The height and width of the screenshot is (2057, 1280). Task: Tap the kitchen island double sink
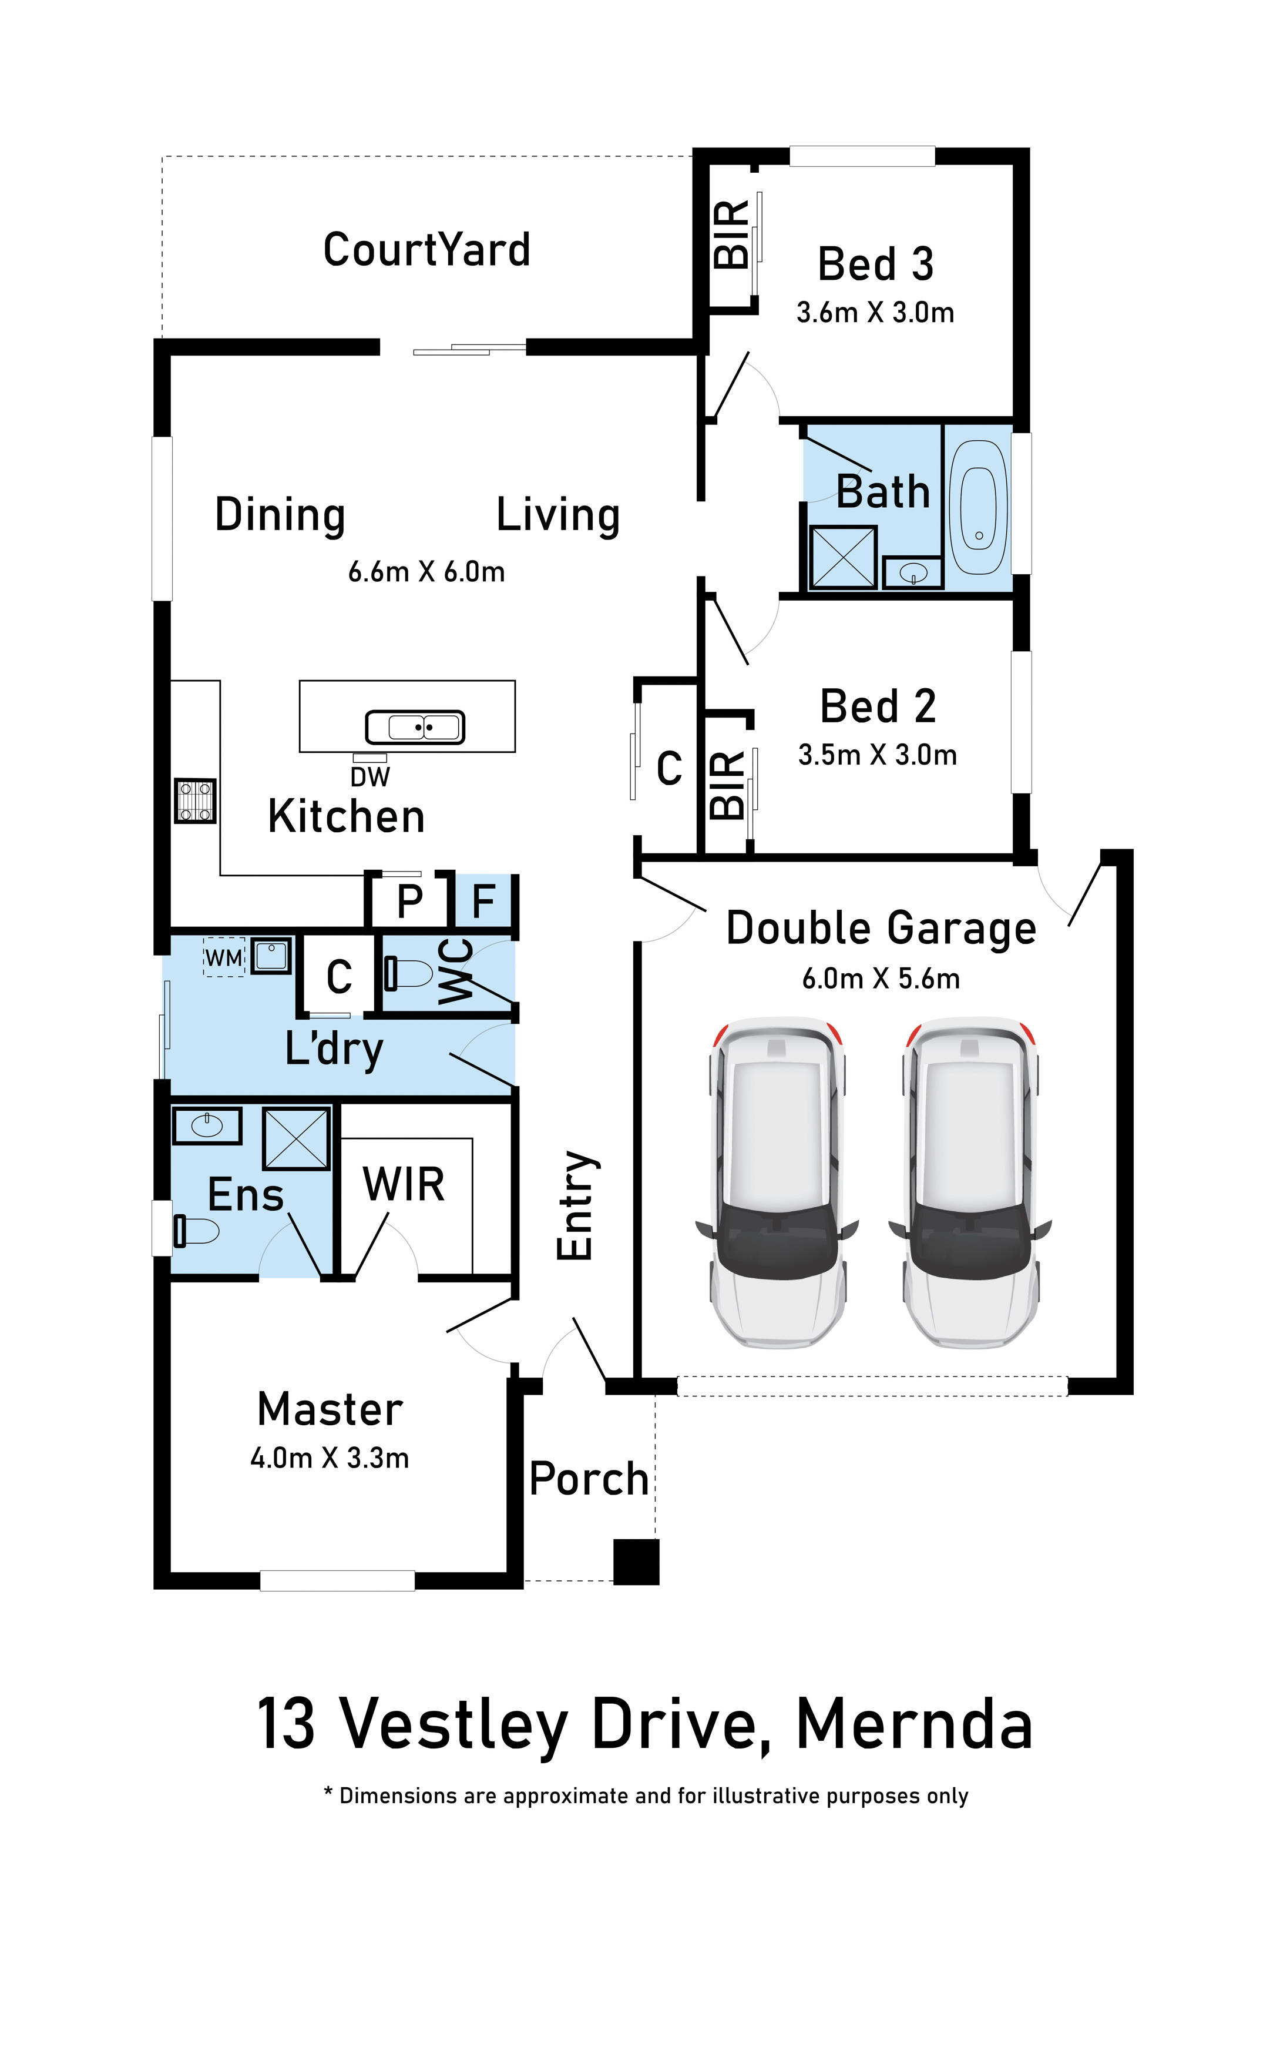(x=415, y=726)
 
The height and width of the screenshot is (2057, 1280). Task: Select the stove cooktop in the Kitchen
(x=194, y=801)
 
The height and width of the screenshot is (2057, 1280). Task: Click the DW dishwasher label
(x=370, y=776)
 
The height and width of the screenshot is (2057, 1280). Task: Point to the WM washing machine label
(x=223, y=958)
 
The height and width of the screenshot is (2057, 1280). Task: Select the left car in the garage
(x=778, y=1182)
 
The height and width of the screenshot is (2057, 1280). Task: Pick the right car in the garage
(x=971, y=1182)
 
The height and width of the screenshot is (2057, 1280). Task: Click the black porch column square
(x=636, y=1562)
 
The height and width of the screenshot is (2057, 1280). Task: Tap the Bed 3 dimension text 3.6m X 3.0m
(x=875, y=313)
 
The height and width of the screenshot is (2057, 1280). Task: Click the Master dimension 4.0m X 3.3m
(x=330, y=1458)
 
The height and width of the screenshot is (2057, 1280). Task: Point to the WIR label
(x=404, y=1184)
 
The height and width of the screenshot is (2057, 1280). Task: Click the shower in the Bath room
(x=843, y=557)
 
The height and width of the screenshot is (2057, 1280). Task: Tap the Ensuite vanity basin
(x=207, y=1125)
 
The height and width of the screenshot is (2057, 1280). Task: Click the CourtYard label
(x=426, y=250)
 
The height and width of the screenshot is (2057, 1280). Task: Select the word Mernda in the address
(x=914, y=1724)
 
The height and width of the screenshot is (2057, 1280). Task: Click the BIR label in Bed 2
(x=728, y=785)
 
